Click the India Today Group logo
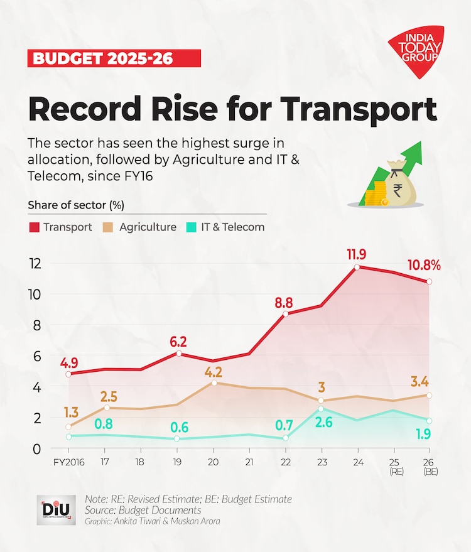(x=416, y=50)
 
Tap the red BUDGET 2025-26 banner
(x=114, y=59)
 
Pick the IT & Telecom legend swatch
(x=190, y=227)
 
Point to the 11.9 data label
(x=357, y=255)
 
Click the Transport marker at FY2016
(x=68, y=374)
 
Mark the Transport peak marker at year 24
(x=357, y=267)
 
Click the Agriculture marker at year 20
(x=214, y=382)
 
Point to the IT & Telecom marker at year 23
(x=322, y=409)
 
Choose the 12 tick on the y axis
(x=36, y=264)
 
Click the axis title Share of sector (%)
(x=75, y=205)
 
